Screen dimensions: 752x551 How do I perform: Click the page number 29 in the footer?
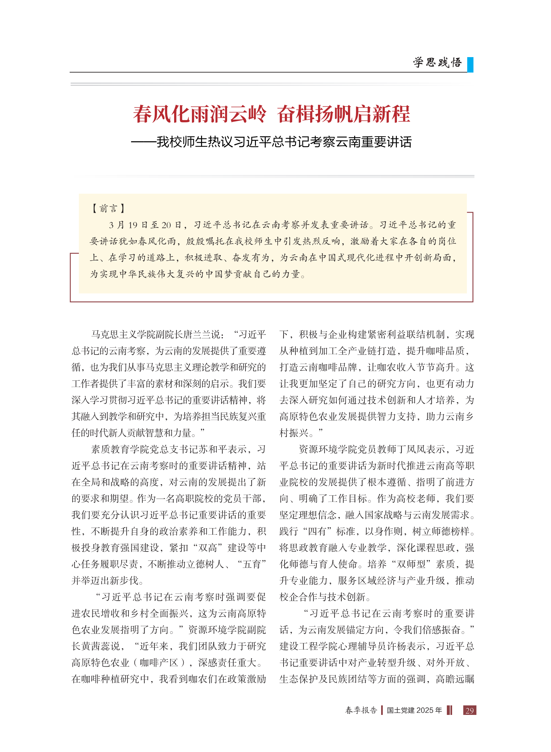coord(469,711)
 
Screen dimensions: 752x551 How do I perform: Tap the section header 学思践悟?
coord(437,63)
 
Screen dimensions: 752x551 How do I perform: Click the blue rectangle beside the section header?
coord(470,65)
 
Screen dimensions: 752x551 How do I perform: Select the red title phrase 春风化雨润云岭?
coord(199,114)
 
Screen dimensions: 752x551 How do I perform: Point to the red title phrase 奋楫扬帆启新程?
coord(343,114)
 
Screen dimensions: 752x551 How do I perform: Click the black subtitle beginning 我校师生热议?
coord(284,142)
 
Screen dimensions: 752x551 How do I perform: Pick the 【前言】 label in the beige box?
coord(108,208)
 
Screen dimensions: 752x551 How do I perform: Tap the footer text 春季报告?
coord(361,711)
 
